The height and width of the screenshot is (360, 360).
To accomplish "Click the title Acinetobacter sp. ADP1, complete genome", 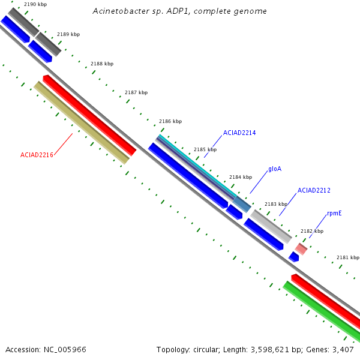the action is point(179,11).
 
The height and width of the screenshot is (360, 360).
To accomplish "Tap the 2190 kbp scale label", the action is point(35,4).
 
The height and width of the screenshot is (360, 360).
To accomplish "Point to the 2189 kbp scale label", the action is point(68,34).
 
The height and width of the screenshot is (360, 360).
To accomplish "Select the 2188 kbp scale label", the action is point(102,64).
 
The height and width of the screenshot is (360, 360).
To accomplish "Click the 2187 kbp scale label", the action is point(136,92).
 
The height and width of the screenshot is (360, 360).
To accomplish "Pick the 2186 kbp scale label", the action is point(170,121).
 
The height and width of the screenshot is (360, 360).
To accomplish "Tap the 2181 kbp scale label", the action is point(348,257).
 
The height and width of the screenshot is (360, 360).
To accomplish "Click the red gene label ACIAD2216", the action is point(37,155).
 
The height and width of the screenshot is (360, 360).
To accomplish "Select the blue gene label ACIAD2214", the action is point(239,133).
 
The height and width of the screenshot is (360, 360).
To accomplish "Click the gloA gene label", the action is point(275,169).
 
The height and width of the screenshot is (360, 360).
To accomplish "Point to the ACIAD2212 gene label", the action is point(314,190).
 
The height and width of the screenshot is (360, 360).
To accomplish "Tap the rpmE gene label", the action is point(334,213).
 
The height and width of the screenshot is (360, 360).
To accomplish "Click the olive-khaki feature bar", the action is point(82,123).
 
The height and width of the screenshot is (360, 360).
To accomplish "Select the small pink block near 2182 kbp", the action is point(301,249).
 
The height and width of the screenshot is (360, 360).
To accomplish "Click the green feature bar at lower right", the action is point(322,311).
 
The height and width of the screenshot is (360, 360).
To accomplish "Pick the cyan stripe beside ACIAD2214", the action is point(197,166).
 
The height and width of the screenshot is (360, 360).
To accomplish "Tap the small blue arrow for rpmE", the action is point(293,257).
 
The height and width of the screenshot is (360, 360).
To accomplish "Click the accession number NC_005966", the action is point(65,350).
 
